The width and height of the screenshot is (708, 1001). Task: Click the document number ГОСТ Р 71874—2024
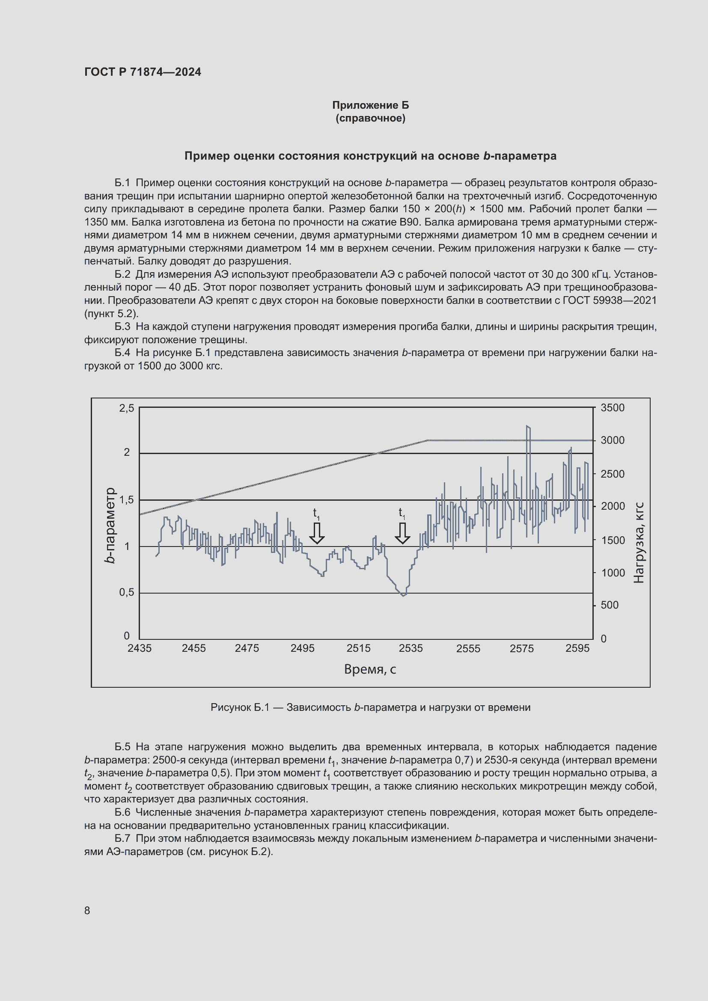tap(143, 72)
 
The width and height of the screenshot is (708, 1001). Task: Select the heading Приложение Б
tap(370, 105)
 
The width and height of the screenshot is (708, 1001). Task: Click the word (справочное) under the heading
tap(370, 118)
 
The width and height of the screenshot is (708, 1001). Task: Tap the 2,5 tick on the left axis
tap(126, 408)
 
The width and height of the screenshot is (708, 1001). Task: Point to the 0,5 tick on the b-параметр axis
tap(126, 592)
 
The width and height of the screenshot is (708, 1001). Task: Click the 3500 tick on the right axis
tap(612, 408)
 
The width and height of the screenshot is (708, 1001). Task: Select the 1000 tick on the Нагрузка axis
tap(612, 573)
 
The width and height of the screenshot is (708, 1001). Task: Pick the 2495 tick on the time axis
tap(302, 648)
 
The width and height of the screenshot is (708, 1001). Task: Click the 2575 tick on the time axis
tap(521, 649)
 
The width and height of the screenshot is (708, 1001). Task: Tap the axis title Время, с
tap(370, 669)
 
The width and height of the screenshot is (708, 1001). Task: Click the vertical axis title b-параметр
tap(110, 525)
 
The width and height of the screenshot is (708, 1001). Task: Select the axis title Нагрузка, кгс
tap(638, 542)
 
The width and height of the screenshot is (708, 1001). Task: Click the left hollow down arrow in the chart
tap(317, 533)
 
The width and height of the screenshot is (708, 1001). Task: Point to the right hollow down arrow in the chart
tap(402, 533)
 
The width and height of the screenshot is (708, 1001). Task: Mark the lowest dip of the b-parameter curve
tap(403, 595)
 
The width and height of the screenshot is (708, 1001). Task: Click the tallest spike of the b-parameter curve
tap(528, 427)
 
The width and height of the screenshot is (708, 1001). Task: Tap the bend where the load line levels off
tap(427, 440)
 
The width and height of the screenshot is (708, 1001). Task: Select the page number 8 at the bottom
tap(87, 910)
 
